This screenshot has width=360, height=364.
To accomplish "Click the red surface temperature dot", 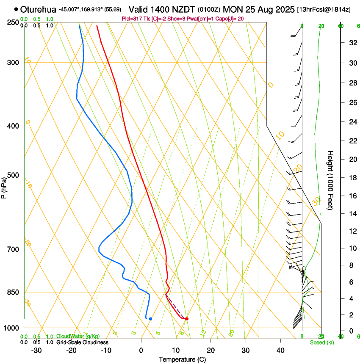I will [186, 319].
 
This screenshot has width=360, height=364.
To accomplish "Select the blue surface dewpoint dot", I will [150, 319].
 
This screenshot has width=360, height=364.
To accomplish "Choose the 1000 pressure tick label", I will [13, 328].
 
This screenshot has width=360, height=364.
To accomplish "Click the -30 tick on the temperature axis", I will [36, 350].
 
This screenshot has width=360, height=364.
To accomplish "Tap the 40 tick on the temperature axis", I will [280, 350].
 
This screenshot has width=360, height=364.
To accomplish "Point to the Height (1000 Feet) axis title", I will [331, 180].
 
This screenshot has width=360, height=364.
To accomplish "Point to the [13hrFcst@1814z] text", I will [324, 9].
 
